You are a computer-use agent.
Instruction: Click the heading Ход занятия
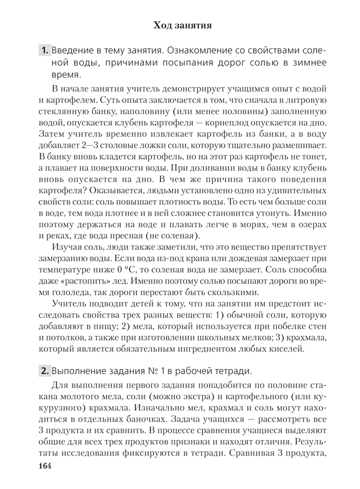183,25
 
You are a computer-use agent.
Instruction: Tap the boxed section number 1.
44,50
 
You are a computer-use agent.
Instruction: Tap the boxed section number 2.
45,371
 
